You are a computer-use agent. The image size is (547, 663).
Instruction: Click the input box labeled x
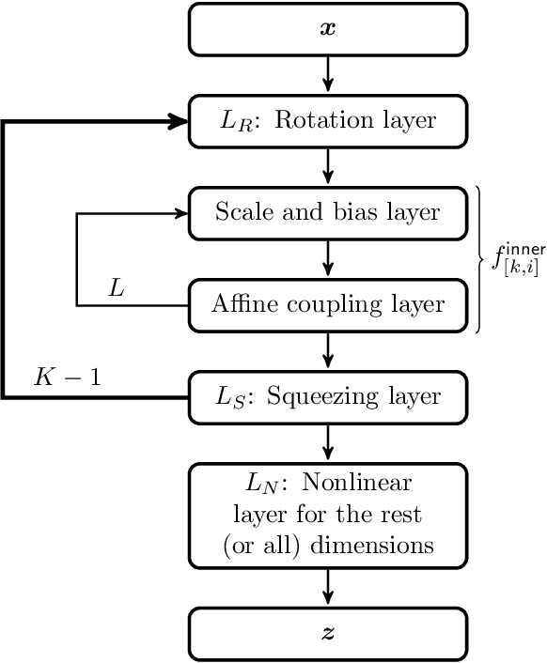(x=328, y=29)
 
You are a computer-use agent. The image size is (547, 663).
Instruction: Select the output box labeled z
(x=328, y=634)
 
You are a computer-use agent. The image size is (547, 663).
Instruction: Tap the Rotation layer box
(x=328, y=121)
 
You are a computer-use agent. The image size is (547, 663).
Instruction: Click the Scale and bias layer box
(x=328, y=212)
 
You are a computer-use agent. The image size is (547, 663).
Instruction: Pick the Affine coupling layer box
(x=328, y=304)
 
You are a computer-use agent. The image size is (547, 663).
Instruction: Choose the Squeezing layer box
(x=328, y=396)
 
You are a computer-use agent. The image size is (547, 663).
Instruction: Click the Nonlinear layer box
(x=328, y=515)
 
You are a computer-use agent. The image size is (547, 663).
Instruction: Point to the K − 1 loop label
(x=68, y=377)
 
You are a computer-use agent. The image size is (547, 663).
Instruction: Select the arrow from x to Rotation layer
(x=328, y=73)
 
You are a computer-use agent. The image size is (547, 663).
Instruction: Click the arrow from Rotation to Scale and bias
(x=328, y=165)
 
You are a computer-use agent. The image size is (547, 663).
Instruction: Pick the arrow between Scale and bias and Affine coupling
(x=328, y=257)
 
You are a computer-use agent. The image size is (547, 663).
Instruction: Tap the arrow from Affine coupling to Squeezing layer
(x=328, y=349)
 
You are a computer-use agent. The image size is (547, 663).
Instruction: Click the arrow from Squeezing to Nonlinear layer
(x=328, y=441)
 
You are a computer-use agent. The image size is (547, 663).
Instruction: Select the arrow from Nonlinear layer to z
(x=328, y=587)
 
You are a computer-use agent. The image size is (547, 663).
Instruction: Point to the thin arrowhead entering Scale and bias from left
(x=180, y=213)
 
